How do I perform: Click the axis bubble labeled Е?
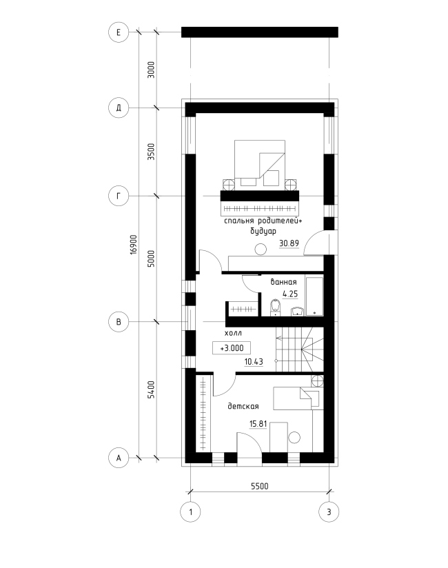pos(119,32)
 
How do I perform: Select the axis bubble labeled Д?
pos(119,108)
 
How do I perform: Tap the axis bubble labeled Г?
pos(119,196)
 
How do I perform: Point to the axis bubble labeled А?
pos(119,458)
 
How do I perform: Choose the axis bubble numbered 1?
pos(190,512)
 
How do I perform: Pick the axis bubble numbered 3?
pos(329,512)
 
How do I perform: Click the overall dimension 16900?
pos(134,245)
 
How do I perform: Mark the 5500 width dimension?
pos(260,486)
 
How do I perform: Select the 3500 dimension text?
pos(151,152)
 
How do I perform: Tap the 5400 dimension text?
pos(151,389)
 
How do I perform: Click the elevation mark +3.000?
pos(232,348)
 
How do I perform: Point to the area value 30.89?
pos(289,243)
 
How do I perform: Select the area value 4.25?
pos(290,294)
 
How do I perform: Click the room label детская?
pos(243,406)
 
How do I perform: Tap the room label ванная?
pos(283,282)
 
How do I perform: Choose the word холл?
pos(233,333)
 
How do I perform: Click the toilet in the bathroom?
pos(276,307)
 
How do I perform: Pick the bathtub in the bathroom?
pos(314,296)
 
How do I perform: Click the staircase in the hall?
pos(300,349)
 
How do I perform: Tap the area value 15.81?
pos(258,424)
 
